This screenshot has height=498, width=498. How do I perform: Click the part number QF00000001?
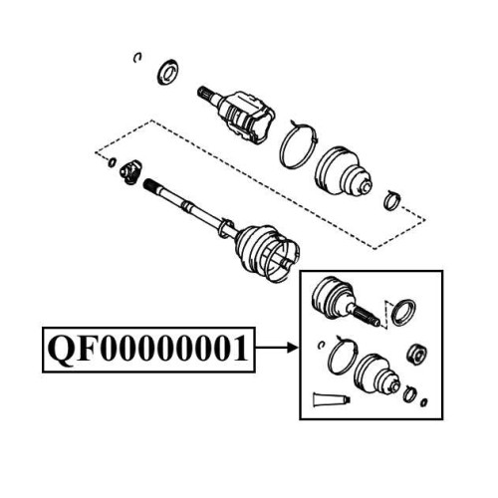point(148,349)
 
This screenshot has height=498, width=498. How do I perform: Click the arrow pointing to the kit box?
point(276,348)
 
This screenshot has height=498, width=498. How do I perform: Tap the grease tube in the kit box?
point(331,399)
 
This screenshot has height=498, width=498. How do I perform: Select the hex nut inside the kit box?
point(416,355)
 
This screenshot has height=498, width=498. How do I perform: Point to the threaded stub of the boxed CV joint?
point(368,316)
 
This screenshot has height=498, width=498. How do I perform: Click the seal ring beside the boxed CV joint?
point(403,313)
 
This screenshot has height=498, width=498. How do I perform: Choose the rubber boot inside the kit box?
point(376,376)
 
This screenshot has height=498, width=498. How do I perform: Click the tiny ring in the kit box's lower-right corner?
point(423,402)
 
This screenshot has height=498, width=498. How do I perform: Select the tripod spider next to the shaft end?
point(130,171)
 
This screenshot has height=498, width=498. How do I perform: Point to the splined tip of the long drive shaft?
point(151,186)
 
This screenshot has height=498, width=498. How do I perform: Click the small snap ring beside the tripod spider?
point(113,162)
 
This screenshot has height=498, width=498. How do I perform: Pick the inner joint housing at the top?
point(248,118)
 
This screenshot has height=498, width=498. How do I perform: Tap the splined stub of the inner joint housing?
point(208,94)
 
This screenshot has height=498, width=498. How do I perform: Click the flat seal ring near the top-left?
point(167,72)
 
